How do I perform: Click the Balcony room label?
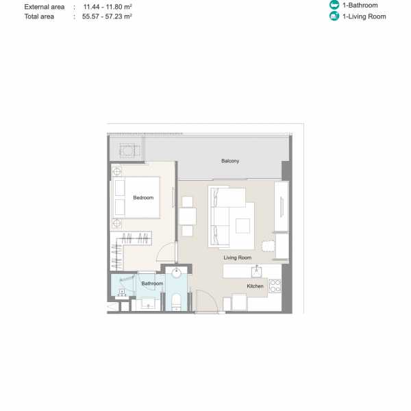230,161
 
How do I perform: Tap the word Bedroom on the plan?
143,198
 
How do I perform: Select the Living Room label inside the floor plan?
238,258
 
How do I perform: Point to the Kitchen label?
255,286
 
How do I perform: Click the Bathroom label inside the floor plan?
152,284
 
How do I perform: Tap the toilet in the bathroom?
176,301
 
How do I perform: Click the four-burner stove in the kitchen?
275,286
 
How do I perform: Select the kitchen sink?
257,271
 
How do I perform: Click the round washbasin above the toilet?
176,273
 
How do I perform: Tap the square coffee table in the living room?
242,226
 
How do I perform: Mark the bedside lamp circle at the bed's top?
117,172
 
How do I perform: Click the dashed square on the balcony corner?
127,151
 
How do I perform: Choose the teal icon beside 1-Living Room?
334,16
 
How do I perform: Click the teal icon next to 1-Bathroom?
334,5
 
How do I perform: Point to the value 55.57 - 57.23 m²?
107,16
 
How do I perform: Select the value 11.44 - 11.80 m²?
108,7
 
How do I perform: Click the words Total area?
39,16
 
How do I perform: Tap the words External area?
45,7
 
